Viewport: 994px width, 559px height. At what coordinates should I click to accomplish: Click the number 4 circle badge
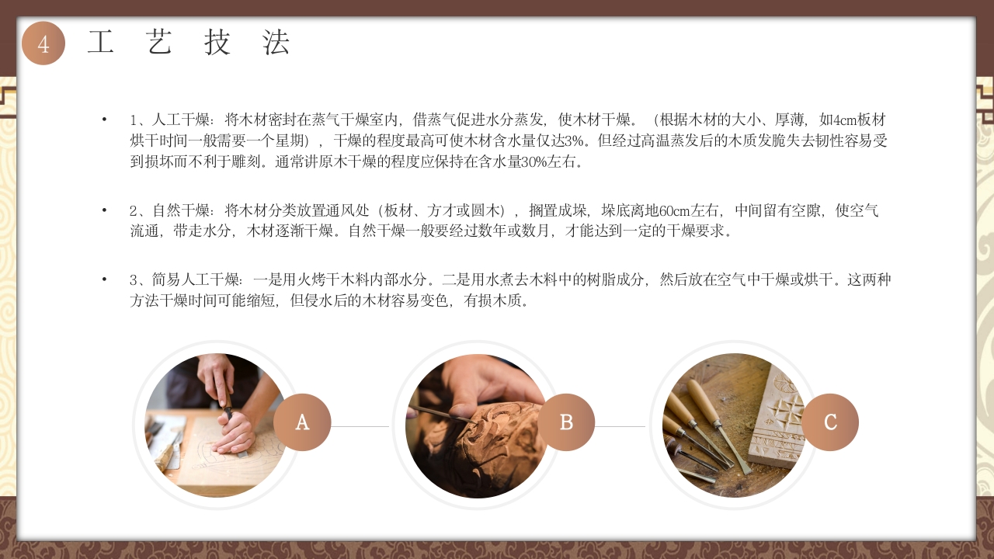click(x=43, y=43)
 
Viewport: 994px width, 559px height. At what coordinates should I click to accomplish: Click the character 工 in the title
click(x=101, y=43)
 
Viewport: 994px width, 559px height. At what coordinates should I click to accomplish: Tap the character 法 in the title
click(x=276, y=43)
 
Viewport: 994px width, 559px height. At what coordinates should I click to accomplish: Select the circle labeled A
click(x=302, y=422)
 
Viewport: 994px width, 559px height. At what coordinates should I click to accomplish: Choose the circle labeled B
click(x=566, y=422)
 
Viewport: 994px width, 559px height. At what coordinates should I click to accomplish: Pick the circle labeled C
click(x=830, y=422)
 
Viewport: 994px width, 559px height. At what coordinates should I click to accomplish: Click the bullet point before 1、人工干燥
click(x=104, y=120)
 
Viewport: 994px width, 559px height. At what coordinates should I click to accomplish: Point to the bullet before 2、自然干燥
click(x=104, y=210)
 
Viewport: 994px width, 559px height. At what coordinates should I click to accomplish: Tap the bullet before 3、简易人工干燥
click(x=104, y=279)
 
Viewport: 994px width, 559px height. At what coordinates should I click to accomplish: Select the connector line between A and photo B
click(x=360, y=426)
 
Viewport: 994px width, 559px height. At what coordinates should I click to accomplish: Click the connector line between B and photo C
click(x=620, y=426)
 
